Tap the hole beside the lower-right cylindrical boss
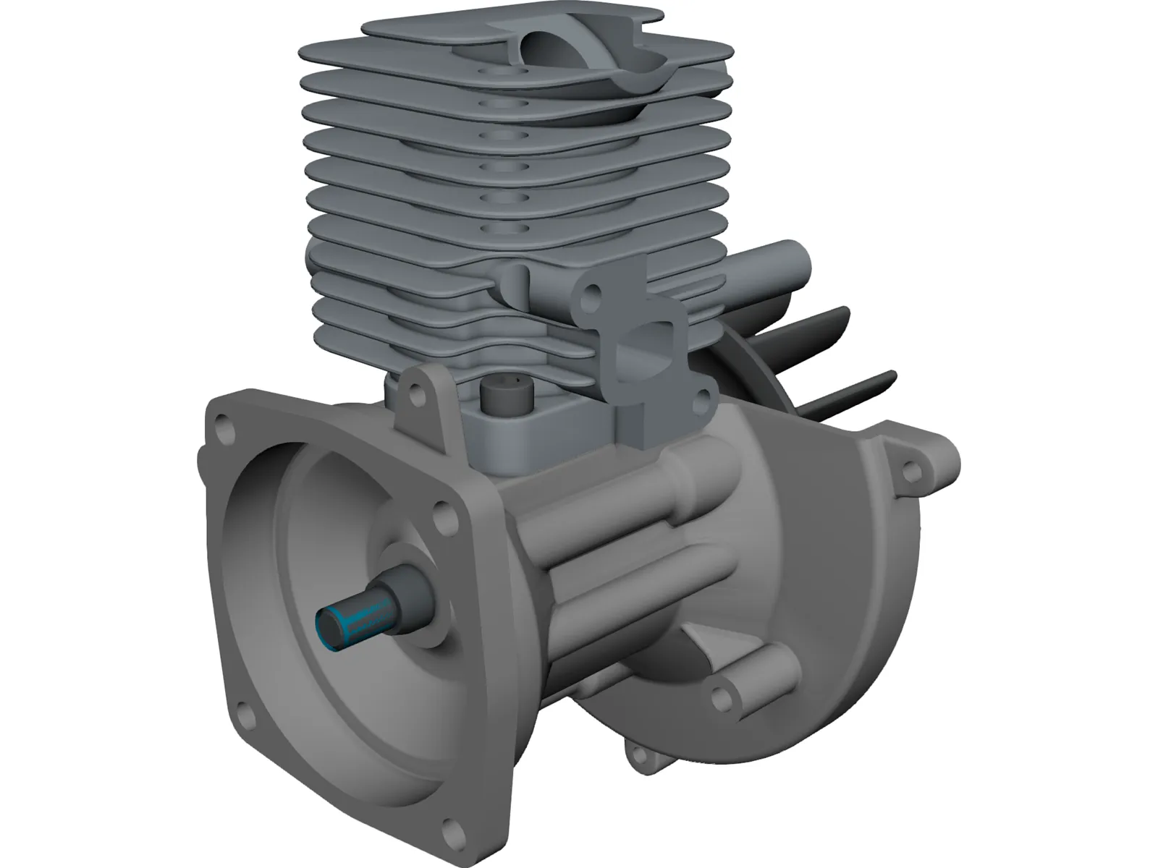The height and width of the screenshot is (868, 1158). (719, 696)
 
